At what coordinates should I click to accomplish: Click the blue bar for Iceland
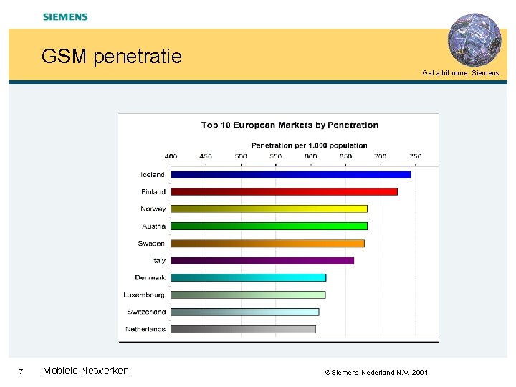[x=290, y=174]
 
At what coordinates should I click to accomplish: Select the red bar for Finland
[x=284, y=191]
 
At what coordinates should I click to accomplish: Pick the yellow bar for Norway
[x=269, y=209]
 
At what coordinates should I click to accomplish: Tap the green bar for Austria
[x=269, y=226]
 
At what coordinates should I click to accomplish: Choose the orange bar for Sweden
[x=267, y=243]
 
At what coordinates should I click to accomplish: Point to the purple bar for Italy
[x=262, y=260]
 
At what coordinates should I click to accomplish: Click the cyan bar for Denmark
[x=248, y=277]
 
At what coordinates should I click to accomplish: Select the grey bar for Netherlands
[x=243, y=329]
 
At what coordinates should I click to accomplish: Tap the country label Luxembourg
[x=144, y=295]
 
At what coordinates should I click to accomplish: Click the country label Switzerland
[x=146, y=312]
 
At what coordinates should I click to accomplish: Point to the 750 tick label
[x=416, y=156]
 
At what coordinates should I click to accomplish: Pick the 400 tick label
[x=171, y=156]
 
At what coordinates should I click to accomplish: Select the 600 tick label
[x=311, y=156]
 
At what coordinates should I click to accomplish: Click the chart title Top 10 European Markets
[x=290, y=125]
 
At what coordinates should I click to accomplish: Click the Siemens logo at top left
[x=65, y=16]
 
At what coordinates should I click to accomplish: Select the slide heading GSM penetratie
[x=112, y=56]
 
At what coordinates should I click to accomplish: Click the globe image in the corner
[x=474, y=39]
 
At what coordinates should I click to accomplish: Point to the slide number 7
[x=21, y=371]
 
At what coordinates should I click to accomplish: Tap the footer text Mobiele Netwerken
[x=86, y=371]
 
